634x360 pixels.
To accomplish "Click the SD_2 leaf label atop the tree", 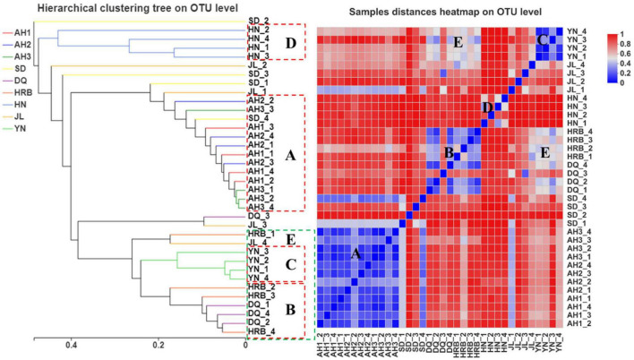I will (x=259, y=20).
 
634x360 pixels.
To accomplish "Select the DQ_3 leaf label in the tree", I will (x=259, y=218).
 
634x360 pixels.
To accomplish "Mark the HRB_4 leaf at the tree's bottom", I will (x=261, y=332).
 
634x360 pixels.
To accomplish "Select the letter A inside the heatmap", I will (x=356, y=254).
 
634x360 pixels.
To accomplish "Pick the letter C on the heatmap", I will (x=542, y=40).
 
